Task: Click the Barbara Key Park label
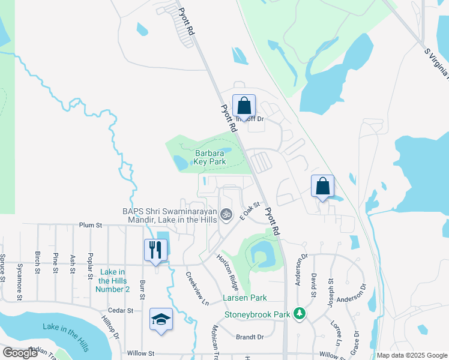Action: click(x=209, y=157)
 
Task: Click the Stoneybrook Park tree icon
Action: click(x=299, y=314)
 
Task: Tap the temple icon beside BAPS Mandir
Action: click(x=226, y=214)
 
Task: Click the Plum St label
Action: click(x=91, y=225)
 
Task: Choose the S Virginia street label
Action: click(x=436, y=65)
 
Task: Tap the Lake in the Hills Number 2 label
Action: click(x=112, y=280)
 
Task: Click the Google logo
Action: click(x=20, y=353)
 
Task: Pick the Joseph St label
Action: click(x=330, y=290)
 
